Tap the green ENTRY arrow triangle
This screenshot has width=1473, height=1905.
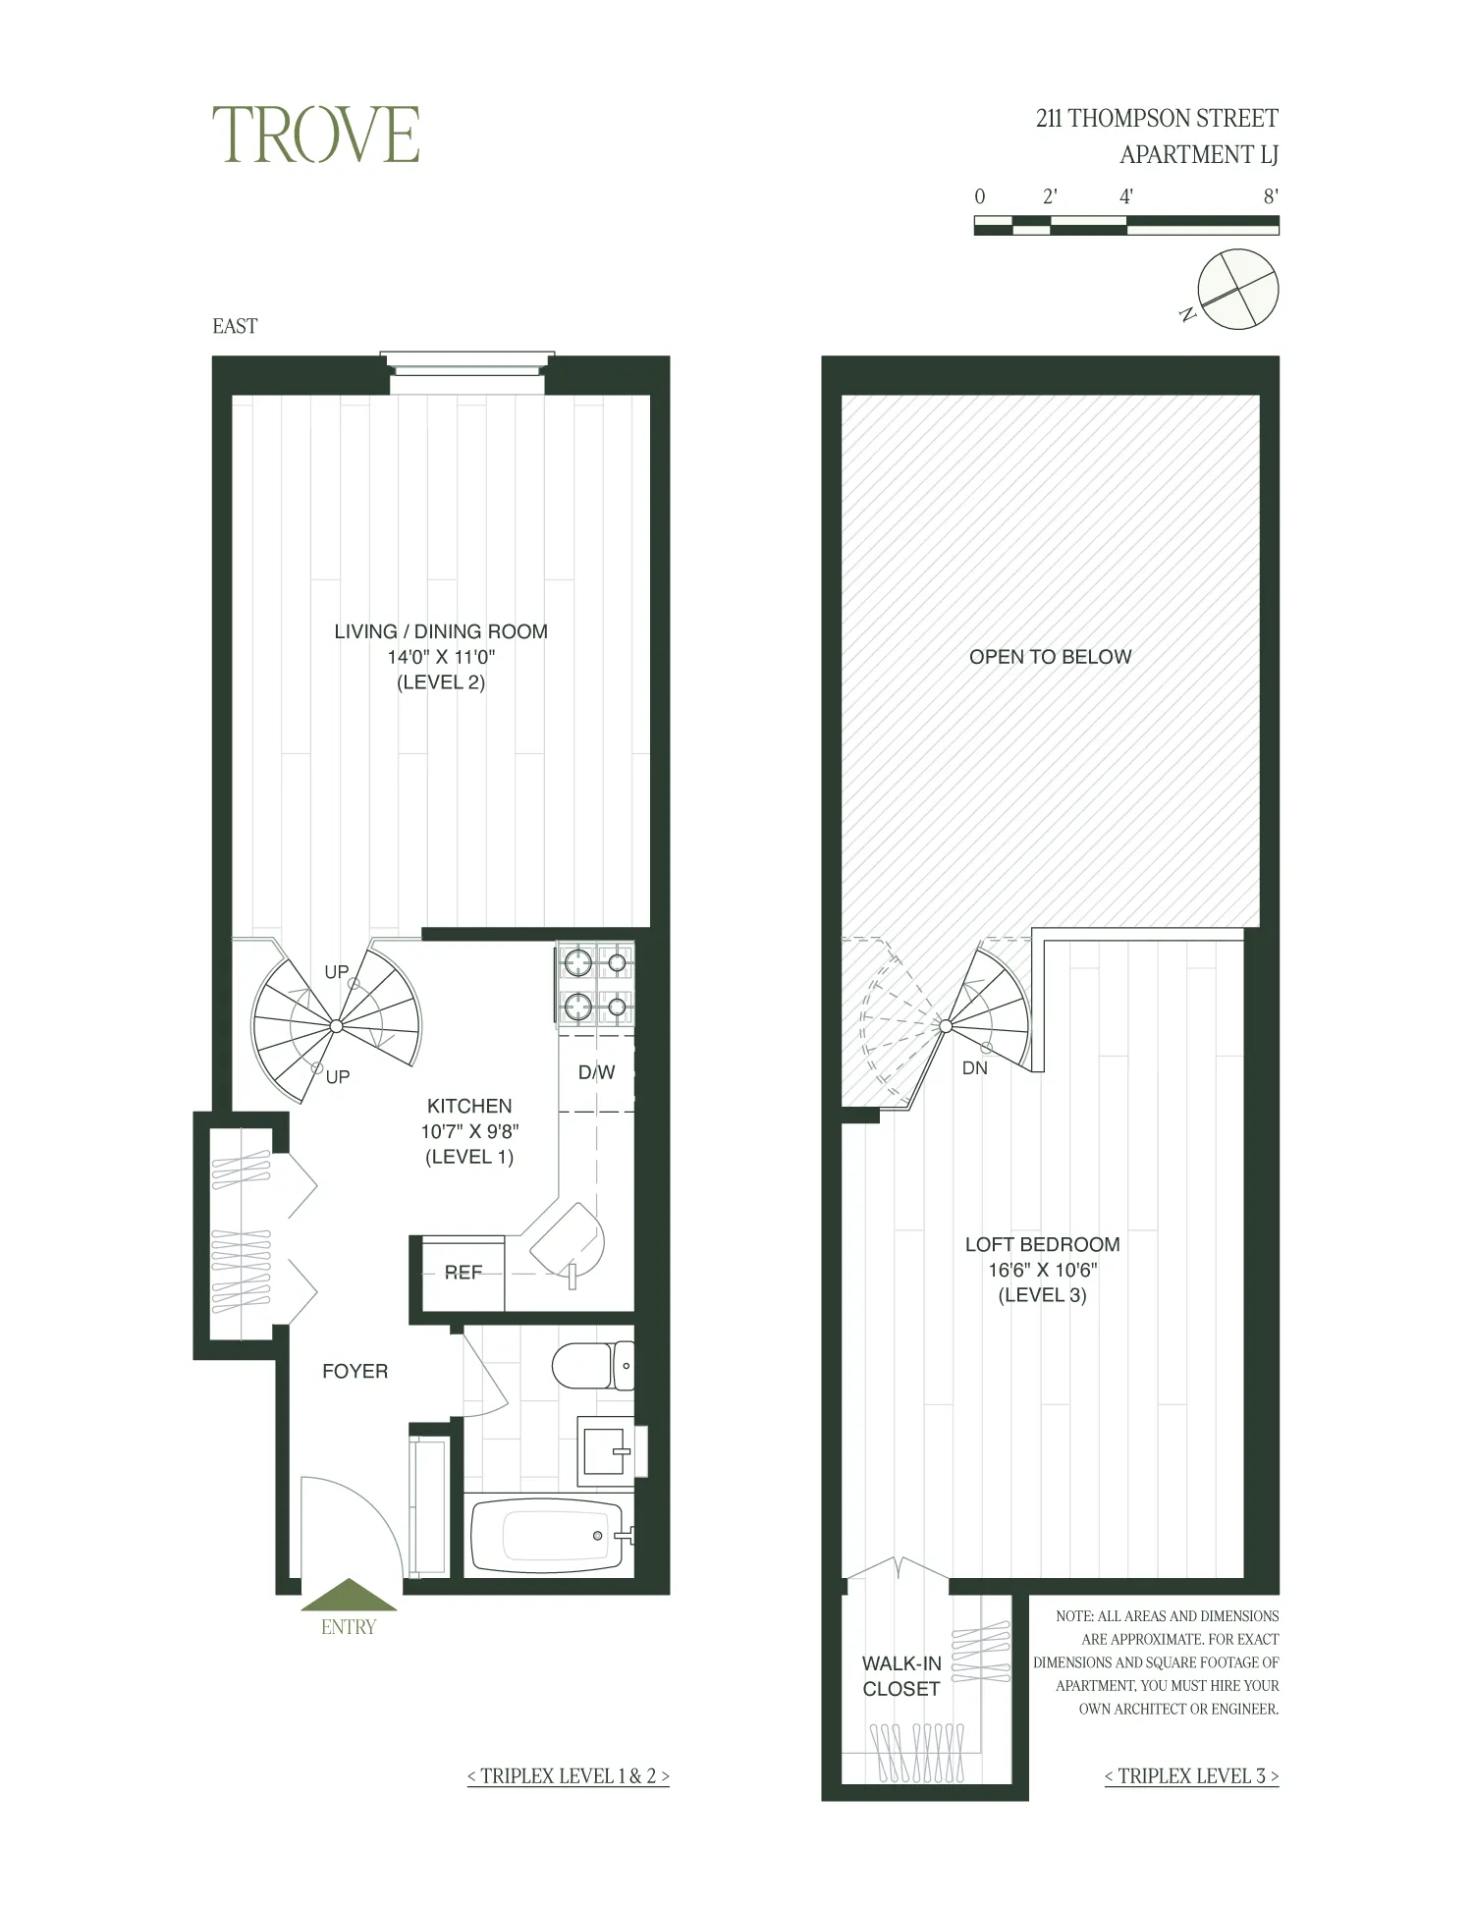(x=349, y=1596)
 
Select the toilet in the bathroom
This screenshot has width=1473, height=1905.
(x=592, y=1366)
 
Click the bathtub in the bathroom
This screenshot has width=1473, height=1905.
(x=551, y=1536)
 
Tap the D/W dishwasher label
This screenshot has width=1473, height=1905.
(x=596, y=1072)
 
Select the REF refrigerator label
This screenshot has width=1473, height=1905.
(x=463, y=1273)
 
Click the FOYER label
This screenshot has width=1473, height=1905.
(x=355, y=1371)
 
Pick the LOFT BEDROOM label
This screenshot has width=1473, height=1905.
(x=1042, y=1244)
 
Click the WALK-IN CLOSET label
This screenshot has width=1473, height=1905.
(x=901, y=1676)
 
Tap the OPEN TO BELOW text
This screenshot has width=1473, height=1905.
(x=1050, y=657)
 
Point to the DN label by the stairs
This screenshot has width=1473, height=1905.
(x=974, y=1068)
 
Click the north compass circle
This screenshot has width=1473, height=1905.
(x=1239, y=290)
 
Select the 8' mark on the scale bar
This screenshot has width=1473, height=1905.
(x=1270, y=196)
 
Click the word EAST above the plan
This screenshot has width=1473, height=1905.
(x=235, y=326)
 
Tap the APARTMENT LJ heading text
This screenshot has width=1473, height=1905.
(x=1198, y=154)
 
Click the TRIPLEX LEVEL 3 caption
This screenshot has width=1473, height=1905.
(x=1191, y=1775)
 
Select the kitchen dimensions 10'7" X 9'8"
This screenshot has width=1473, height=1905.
(x=469, y=1131)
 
